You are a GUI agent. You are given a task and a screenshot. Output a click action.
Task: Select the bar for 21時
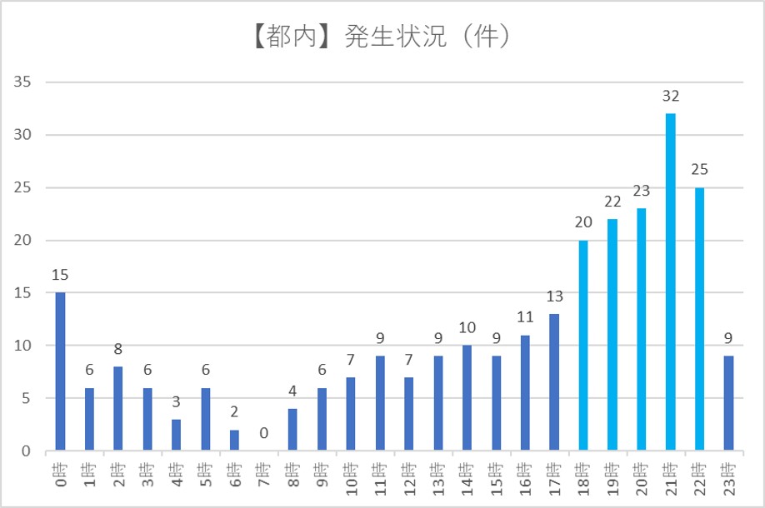tap(671, 282)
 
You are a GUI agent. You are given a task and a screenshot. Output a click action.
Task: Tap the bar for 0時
tap(59, 371)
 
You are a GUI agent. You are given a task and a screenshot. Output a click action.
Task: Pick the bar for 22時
tap(699, 319)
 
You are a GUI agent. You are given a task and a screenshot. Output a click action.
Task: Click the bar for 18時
tap(583, 346)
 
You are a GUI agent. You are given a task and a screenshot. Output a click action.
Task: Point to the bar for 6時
tap(234, 441)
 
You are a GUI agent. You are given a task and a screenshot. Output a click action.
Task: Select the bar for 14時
tap(467, 398)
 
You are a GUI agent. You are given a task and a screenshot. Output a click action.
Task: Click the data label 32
tap(671, 96)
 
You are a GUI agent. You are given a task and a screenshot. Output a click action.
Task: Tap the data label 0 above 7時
tap(263, 433)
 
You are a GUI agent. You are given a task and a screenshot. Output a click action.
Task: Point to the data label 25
tap(699, 170)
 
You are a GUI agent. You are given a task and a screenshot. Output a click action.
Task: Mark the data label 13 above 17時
tap(554, 296)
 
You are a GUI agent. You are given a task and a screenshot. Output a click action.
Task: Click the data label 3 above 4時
tap(176, 402)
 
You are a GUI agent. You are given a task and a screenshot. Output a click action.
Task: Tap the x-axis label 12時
tap(408, 479)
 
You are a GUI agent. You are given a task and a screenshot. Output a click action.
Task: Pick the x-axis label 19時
tap(612, 479)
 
